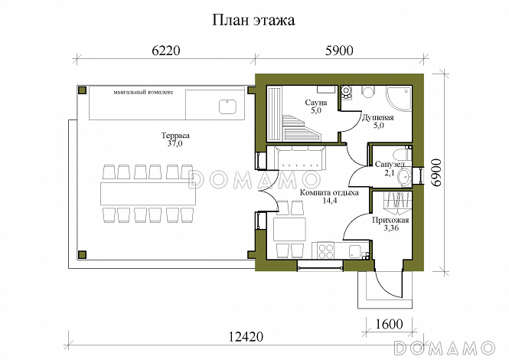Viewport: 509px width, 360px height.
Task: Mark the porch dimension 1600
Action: click(388, 323)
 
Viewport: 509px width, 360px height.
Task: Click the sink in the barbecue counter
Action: click(227, 105)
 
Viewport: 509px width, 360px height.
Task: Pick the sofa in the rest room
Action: click(298, 159)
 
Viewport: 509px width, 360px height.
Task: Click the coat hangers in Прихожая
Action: click(395, 201)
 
